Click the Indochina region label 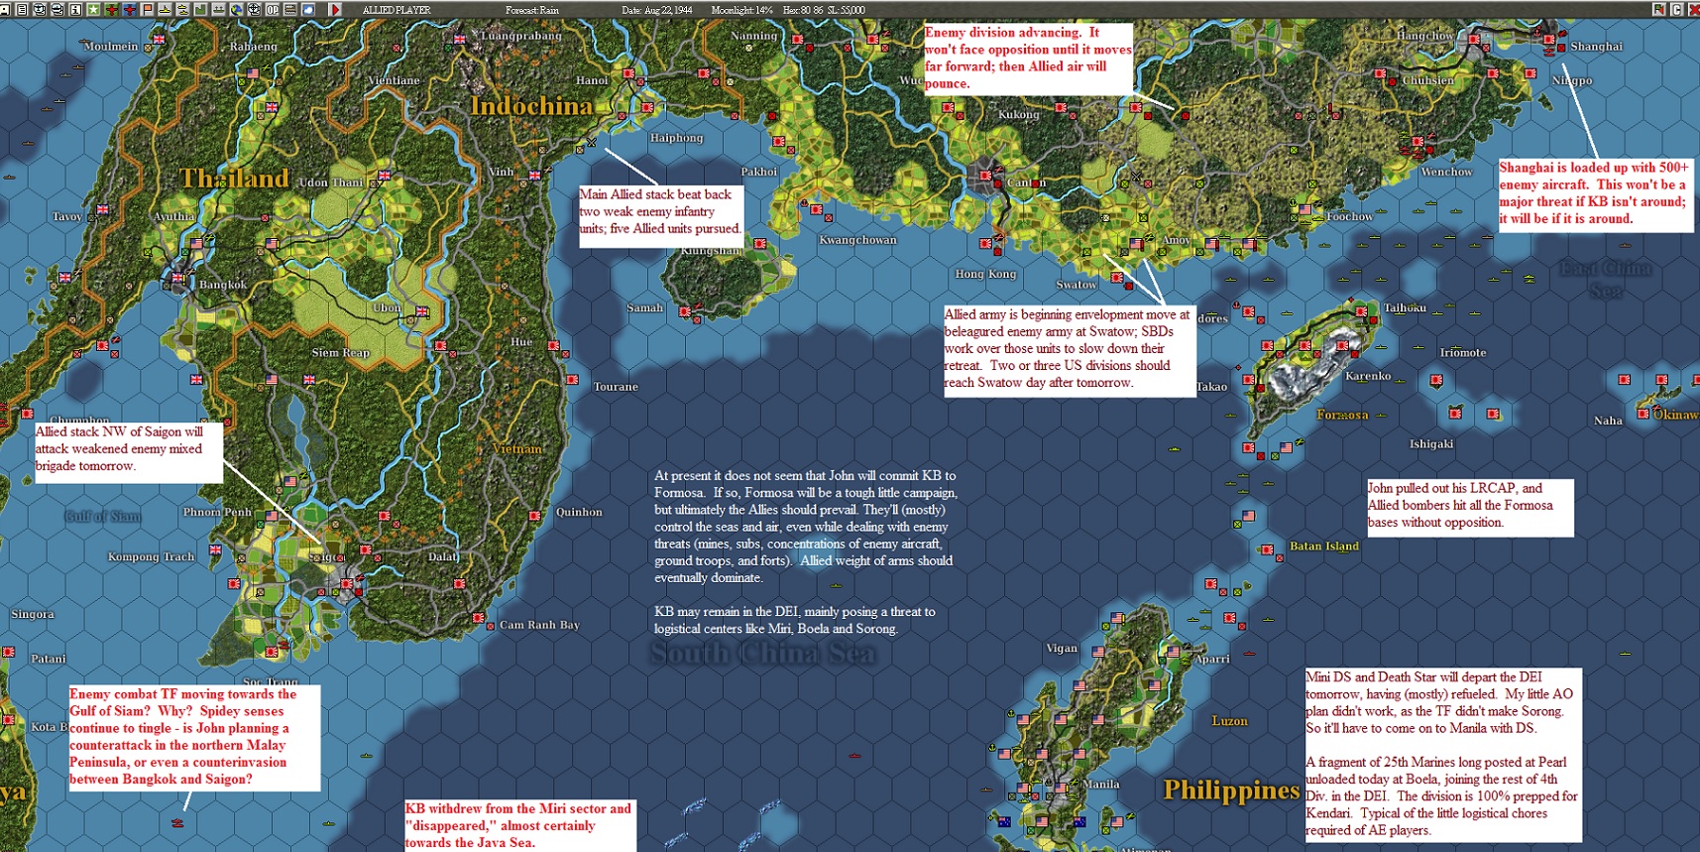click(531, 106)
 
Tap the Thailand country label click(234, 179)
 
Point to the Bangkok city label click(223, 285)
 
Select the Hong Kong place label click(985, 274)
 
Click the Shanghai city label click(1596, 47)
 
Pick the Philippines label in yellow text click(1230, 791)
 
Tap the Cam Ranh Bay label click(539, 625)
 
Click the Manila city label click(1100, 784)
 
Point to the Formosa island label click(1342, 415)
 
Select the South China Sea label click(763, 653)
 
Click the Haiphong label click(676, 138)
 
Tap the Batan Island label click(1323, 546)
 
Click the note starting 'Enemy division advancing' click(1027, 59)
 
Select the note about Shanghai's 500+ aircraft click(1594, 193)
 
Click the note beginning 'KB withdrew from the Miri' click(519, 825)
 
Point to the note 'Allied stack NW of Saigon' click(126, 449)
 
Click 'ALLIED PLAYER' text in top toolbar click(397, 10)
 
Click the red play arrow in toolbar click(335, 9)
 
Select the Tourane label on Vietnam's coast click(616, 387)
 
